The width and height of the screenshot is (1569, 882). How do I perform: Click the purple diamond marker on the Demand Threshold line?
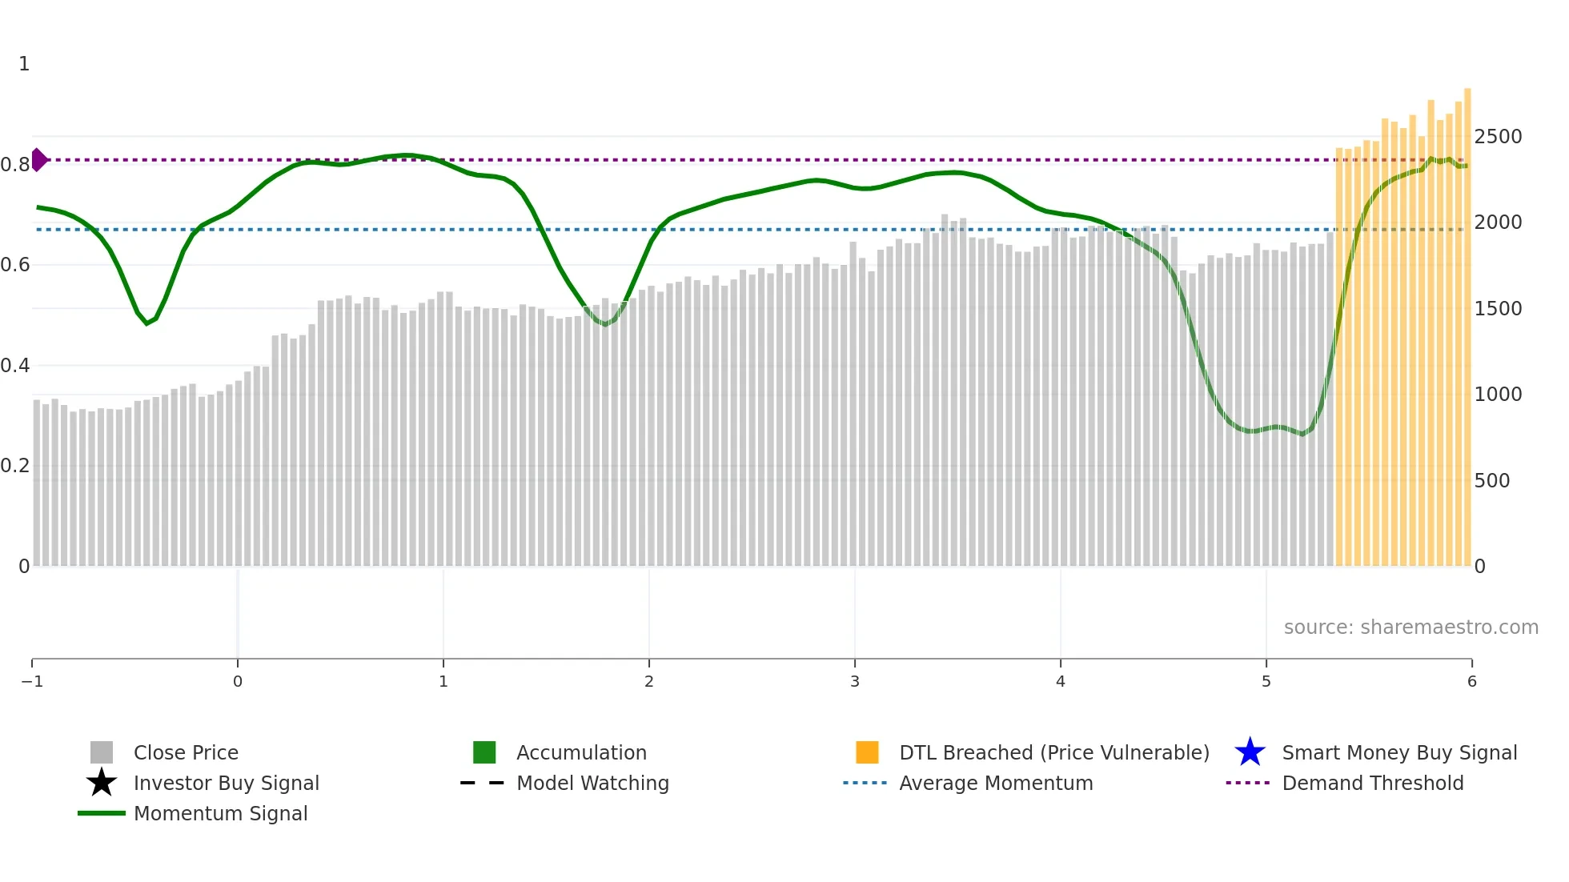[x=38, y=160]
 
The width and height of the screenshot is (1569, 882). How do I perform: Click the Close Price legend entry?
[x=185, y=752]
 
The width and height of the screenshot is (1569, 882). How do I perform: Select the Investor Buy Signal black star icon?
[x=102, y=783]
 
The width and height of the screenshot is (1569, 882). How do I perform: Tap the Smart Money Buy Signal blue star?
[x=1250, y=752]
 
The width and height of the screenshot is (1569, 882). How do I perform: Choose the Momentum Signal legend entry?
[x=220, y=813]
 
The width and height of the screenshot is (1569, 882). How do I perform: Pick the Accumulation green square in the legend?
[x=484, y=752]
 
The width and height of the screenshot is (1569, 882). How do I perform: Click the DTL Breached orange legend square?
[x=867, y=752]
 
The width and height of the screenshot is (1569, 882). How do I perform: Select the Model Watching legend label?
[x=592, y=783]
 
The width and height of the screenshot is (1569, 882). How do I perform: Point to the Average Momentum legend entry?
[x=995, y=783]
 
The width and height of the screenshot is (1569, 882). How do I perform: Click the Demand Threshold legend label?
[x=1372, y=783]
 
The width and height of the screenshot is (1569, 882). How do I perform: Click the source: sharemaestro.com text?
[x=1410, y=627]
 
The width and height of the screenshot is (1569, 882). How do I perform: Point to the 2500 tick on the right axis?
[x=1498, y=137]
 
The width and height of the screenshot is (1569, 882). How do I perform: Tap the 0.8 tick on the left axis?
[x=15, y=165]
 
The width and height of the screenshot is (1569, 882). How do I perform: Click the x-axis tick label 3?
[x=855, y=681]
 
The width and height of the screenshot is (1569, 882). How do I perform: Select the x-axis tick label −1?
[x=32, y=681]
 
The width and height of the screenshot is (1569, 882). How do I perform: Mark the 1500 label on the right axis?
[x=1498, y=309]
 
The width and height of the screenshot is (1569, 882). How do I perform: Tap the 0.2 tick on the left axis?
[x=15, y=466]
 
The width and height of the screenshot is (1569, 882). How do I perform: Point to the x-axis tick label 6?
[x=1471, y=681]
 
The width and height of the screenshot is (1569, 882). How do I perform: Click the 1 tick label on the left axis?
[x=24, y=64]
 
